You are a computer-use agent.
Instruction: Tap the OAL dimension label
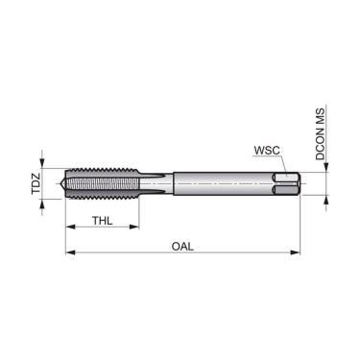(x=182, y=247)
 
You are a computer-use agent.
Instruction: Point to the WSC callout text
(x=266, y=151)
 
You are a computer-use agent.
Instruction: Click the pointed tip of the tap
(x=63, y=182)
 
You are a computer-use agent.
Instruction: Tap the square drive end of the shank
(x=287, y=182)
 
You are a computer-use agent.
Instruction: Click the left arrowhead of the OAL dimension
(x=69, y=253)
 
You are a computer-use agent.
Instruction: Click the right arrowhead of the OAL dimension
(x=297, y=253)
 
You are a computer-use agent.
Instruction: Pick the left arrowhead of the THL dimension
(x=69, y=228)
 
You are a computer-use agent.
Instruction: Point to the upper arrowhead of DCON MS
(x=326, y=167)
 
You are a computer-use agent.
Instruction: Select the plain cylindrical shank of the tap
(x=221, y=182)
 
